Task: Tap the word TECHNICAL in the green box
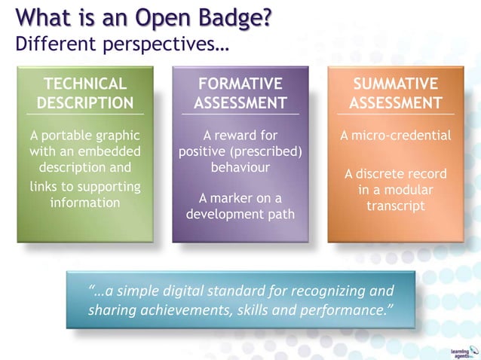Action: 85,84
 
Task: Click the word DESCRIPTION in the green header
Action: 85,102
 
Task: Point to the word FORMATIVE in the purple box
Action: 240,84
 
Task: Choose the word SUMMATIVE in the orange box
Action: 396,84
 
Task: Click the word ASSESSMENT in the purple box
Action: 240,102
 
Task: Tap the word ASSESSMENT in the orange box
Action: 396,102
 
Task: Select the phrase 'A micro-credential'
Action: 396,136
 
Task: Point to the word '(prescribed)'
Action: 269,152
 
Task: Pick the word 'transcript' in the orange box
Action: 396,206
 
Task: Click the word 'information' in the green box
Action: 85,203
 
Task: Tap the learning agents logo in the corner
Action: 460,351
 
